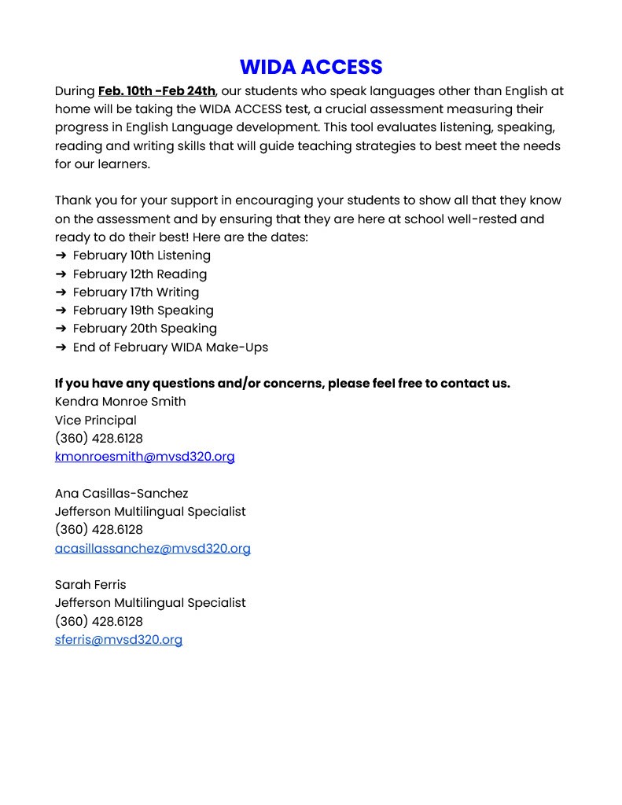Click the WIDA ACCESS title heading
[311, 67]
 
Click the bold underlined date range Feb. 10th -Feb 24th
[156, 91]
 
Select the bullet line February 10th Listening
[142, 255]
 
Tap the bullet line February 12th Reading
[140, 274]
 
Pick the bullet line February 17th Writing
[136, 292]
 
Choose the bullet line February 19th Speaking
[143, 311]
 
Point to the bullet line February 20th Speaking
[145, 329]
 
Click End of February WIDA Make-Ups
[171, 347]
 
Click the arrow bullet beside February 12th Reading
[61, 274]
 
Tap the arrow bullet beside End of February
[61, 347]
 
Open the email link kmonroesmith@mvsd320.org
[145, 457]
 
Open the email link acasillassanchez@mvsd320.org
[153, 549]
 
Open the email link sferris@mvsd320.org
[119, 640]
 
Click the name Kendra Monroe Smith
[120, 402]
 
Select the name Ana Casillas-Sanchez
[122, 494]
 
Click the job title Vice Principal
[96, 421]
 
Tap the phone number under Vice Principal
[99, 439]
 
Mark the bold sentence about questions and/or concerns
[282, 384]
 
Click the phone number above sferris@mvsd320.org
[99, 622]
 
